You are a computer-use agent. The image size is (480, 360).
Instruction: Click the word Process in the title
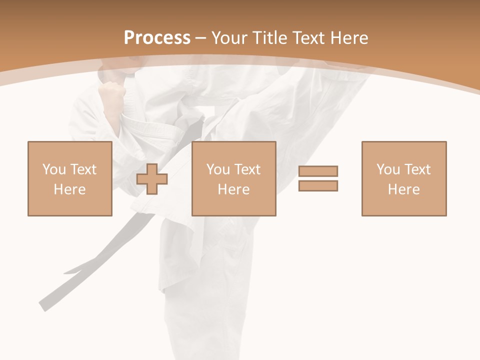[x=157, y=37]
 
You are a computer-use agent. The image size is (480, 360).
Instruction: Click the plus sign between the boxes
[x=152, y=179]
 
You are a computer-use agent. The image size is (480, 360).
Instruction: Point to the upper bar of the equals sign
[x=318, y=171]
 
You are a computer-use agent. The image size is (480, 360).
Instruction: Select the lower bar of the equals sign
[x=318, y=185]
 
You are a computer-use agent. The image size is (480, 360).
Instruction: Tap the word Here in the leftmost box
[x=69, y=189]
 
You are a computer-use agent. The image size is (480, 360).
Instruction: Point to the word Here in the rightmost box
[x=403, y=189]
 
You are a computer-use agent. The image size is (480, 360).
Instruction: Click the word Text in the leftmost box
[x=83, y=169]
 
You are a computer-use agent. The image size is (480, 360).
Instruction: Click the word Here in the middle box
[x=233, y=189]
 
